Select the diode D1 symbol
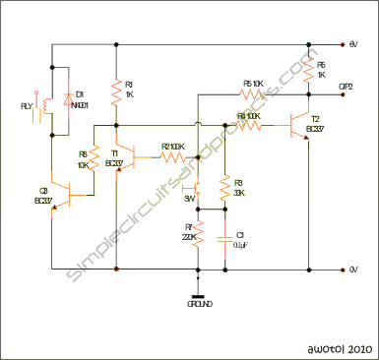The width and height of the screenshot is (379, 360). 67,101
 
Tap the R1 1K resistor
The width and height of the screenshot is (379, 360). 117,93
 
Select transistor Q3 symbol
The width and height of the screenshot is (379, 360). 59,193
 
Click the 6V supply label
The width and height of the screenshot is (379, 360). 353,44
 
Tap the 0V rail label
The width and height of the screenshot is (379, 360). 353,269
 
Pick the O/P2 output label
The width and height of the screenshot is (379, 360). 347,87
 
